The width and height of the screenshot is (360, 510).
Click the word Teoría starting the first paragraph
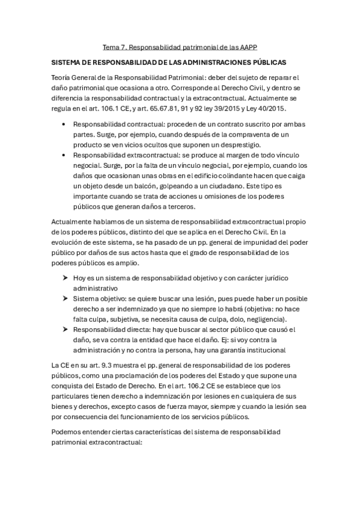tap(64, 78)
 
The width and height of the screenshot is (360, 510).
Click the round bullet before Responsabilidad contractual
tap(64, 124)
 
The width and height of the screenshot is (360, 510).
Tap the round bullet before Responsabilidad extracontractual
tap(64, 155)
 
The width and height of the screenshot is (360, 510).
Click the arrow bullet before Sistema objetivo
tap(65, 298)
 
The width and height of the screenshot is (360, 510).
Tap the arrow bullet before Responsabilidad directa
tap(65, 330)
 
